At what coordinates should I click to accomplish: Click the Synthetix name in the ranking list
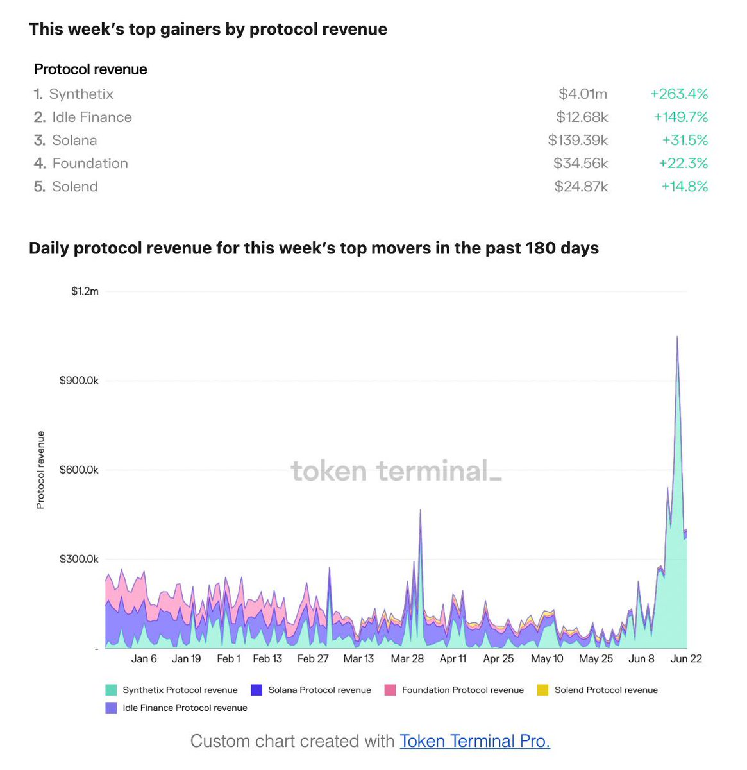[81, 94]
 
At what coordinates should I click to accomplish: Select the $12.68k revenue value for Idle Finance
[582, 117]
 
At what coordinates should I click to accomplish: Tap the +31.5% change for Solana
[685, 140]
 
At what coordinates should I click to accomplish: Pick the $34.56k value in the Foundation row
[580, 163]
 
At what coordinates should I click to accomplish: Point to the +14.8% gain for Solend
[685, 186]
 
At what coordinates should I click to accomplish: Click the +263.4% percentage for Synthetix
[679, 94]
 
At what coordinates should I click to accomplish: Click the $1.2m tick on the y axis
[85, 291]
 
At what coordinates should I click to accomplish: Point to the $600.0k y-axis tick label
[79, 470]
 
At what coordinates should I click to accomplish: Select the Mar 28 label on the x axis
[407, 658]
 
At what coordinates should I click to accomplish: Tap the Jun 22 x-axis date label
[685, 658]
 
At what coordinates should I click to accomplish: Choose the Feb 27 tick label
[313, 658]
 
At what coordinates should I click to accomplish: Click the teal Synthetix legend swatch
[111, 690]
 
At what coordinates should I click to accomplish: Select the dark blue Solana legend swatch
[256, 690]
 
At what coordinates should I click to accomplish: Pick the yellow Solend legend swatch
[542, 690]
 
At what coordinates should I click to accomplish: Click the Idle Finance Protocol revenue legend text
[185, 708]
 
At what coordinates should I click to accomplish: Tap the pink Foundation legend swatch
[390, 690]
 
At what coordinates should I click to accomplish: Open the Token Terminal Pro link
[474, 741]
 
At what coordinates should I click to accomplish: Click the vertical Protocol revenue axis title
[40, 470]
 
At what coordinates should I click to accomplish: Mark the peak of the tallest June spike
[677, 336]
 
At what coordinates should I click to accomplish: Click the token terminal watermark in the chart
[396, 471]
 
